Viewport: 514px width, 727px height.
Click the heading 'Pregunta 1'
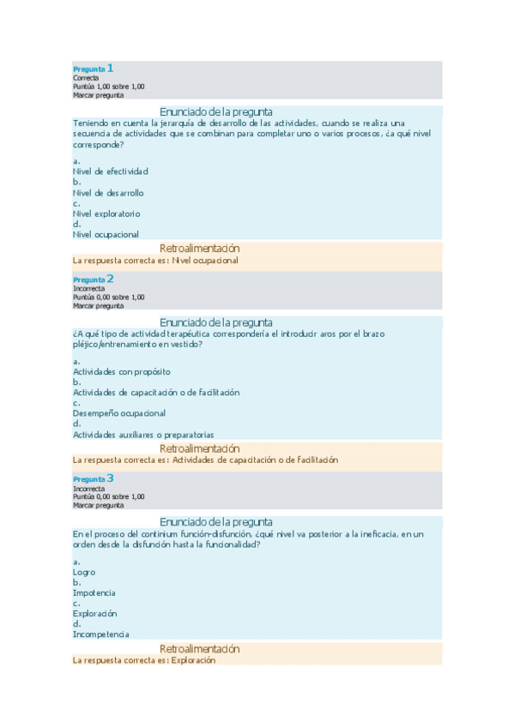point(93,69)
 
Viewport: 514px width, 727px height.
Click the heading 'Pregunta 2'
point(93,279)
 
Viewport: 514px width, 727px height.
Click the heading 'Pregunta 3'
point(93,479)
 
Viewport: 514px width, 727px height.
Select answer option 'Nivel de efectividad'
point(111,171)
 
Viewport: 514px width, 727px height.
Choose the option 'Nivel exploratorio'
point(106,213)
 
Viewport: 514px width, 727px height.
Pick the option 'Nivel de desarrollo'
point(108,193)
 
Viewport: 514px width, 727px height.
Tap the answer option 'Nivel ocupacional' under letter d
point(106,234)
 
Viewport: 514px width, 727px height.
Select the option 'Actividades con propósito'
point(121,371)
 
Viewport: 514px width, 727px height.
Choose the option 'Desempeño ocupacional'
point(118,413)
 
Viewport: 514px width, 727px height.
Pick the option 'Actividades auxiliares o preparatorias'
point(143,435)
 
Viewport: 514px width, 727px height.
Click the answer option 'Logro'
point(84,572)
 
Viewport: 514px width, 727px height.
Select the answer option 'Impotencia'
point(94,592)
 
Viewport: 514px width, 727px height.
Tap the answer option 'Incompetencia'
point(101,634)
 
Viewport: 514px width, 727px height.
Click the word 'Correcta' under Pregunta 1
point(86,78)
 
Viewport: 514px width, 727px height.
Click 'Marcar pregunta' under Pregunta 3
point(98,505)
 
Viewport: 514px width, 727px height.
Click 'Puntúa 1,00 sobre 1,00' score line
point(109,87)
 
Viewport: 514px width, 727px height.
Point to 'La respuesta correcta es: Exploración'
point(144,660)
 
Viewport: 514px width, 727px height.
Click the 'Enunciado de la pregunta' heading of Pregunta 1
point(216,111)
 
